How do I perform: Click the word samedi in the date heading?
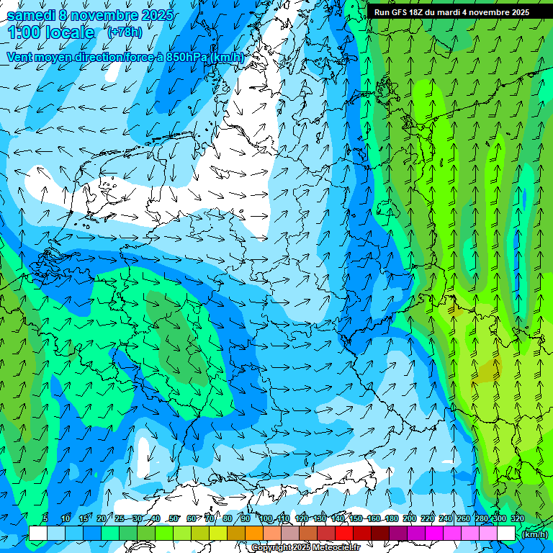click(29, 15)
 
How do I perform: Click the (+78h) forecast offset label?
click(125, 32)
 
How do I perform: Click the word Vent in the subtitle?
click(21, 57)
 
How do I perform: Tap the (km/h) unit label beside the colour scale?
click(534, 534)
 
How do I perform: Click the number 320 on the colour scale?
click(517, 518)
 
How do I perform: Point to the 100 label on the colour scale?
click(265, 518)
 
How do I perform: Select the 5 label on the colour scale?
click(45, 518)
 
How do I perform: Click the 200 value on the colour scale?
click(409, 518)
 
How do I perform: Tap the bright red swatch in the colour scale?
click(344, 534)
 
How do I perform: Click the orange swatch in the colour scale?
click(254, 534)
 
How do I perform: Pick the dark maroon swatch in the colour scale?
click(380, 534)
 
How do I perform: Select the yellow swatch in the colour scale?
click(218, 534)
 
